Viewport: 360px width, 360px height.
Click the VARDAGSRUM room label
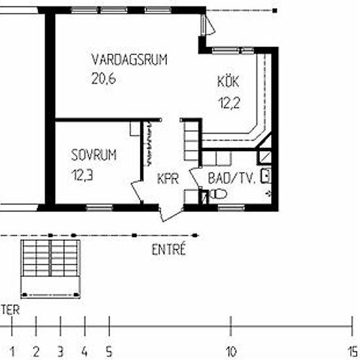(129, 60)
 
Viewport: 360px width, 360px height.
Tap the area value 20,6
(103, 79)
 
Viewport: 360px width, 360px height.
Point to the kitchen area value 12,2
(229, 103)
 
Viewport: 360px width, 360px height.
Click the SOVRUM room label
(94, 154)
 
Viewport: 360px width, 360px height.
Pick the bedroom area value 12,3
(82, 175)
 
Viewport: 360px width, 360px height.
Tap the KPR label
(168, 179)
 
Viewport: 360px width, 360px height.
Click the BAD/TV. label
(232, 178)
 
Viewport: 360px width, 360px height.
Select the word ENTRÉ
(169, 249)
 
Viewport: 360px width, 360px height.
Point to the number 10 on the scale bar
(231, 351)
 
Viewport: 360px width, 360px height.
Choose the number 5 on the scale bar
(109, 351)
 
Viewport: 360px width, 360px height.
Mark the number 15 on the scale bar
(353, 351)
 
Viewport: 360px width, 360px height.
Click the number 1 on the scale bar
(12, 351)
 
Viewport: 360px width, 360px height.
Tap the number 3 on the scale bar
(60, 351)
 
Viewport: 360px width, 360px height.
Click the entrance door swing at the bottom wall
(171, 212)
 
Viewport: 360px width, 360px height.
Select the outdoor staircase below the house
(50, 269)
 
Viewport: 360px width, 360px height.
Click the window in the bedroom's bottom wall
(99, 207)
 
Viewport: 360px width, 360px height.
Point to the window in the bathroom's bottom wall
(231, 208)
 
